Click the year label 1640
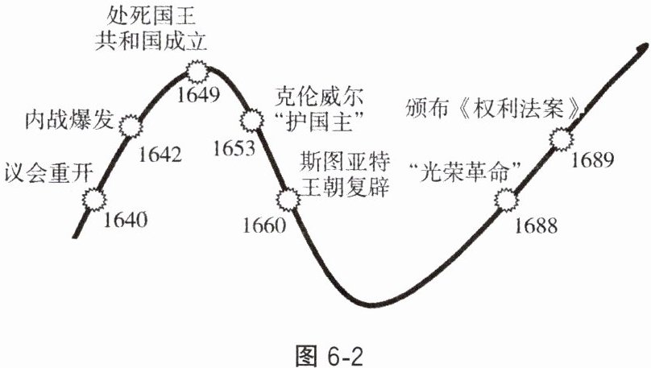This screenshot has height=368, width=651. [x=126, y=217]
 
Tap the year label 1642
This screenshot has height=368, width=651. [x=161, y=152]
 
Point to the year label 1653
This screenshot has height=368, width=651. [x=235, y=148]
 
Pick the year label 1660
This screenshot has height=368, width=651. [x=263, y=225]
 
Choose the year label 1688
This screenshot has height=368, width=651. [x=534, y=225]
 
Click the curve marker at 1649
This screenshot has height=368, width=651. [x=197, y=70]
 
